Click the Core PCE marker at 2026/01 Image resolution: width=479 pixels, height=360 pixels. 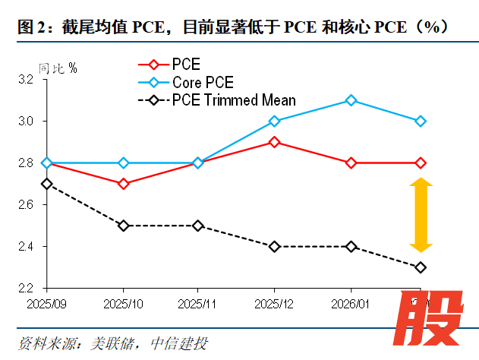tap(351, 100)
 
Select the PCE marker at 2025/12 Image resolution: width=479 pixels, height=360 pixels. tap(275, 142)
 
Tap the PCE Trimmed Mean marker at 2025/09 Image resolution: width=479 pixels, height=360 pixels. tap(47, 184)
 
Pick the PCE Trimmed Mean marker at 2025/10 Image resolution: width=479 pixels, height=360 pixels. tap(123, 226)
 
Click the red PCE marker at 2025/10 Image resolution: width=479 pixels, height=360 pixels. tap(123, 184)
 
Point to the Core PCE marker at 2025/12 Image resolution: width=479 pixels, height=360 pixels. tap(275, 121)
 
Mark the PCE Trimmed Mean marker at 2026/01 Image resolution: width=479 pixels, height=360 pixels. tap(351, 246)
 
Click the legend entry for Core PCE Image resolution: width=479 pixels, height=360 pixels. tap(203, 82)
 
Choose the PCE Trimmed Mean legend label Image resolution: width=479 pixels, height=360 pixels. tap(234, 100)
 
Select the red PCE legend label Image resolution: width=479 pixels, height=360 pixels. tap(186, 65)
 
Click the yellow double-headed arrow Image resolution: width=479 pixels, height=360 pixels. tap(421, 215)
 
